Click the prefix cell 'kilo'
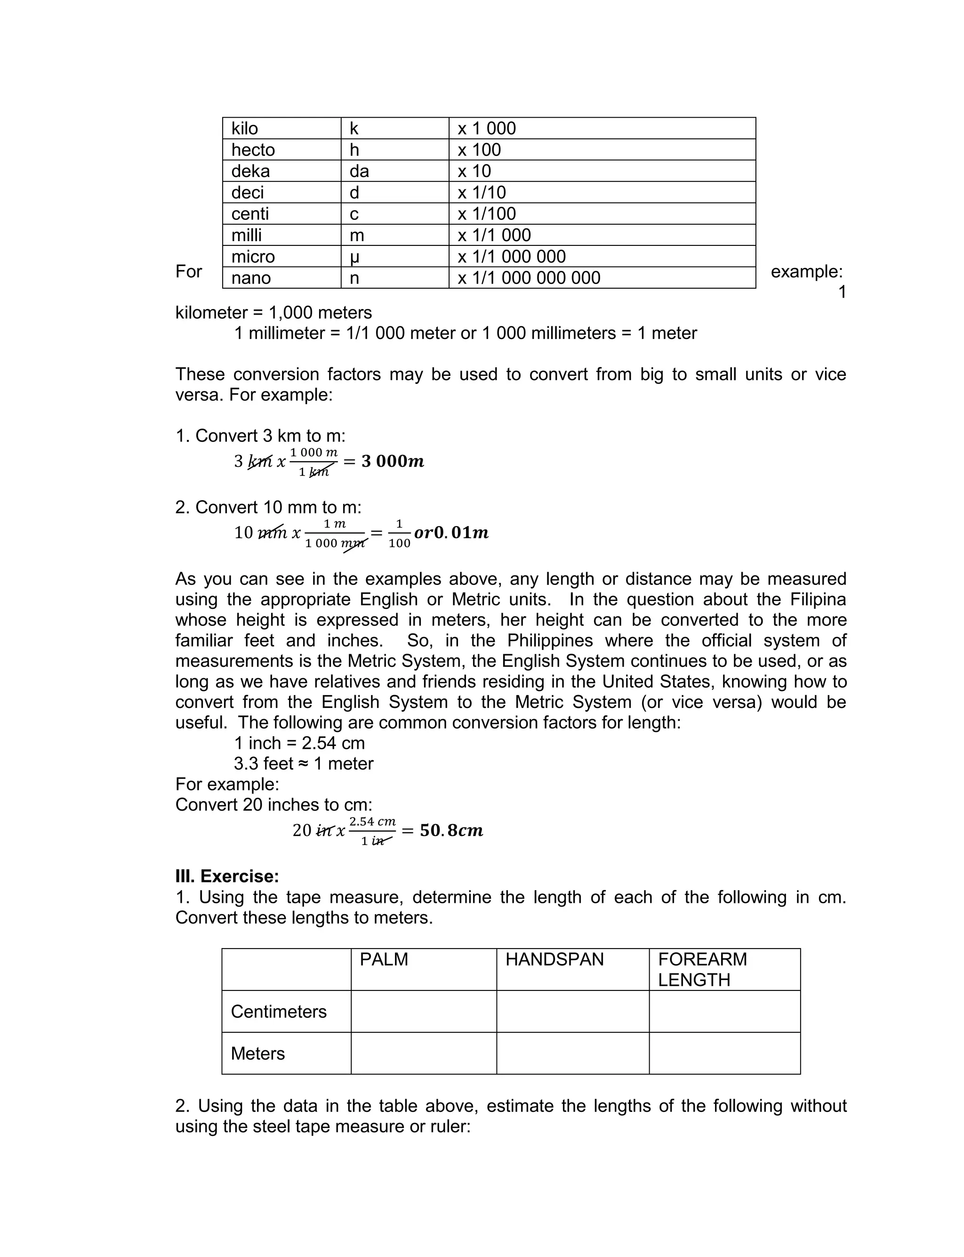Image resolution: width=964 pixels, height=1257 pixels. [x=245, y=129]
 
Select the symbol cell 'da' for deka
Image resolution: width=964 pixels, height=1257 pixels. [x=359, y=171]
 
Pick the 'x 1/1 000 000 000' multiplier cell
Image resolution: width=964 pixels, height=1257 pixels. [x=529, y=278]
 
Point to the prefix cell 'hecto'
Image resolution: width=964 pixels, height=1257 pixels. [x=253, y=150]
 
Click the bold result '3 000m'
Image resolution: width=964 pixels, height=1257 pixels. [x=393, y=461]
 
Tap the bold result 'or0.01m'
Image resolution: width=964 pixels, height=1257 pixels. [x=451, y=533]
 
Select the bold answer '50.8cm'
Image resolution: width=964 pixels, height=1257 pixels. [x=451, y=830]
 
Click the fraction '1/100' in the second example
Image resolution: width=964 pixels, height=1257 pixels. [x=399, y=534]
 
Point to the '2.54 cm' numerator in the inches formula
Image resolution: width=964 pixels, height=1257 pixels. [x=372, y=821]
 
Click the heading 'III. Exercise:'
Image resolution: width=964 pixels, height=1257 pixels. [x=227, y=876]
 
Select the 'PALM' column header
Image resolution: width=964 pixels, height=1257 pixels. [x=384, y=959]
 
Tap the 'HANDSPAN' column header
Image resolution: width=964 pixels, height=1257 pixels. [x=554, y=959]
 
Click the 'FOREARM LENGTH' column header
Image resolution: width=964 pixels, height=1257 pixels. [x=702, y=969]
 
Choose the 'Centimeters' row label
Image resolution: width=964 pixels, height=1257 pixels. [x=279, y=1011]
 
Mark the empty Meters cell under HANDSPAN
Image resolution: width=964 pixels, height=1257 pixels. [x=573, y=1053]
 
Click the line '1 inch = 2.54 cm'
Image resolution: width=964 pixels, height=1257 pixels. [x=299, y=743]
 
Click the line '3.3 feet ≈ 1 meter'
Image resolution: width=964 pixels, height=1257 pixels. [x=304, y=764]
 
